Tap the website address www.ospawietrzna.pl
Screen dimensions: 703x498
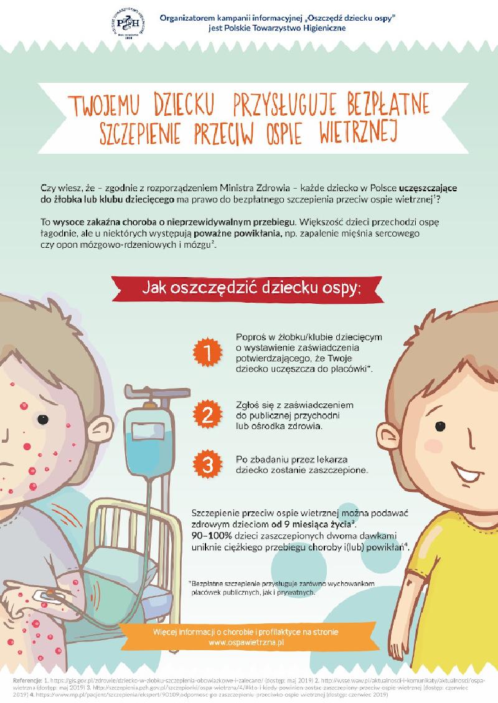246,641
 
